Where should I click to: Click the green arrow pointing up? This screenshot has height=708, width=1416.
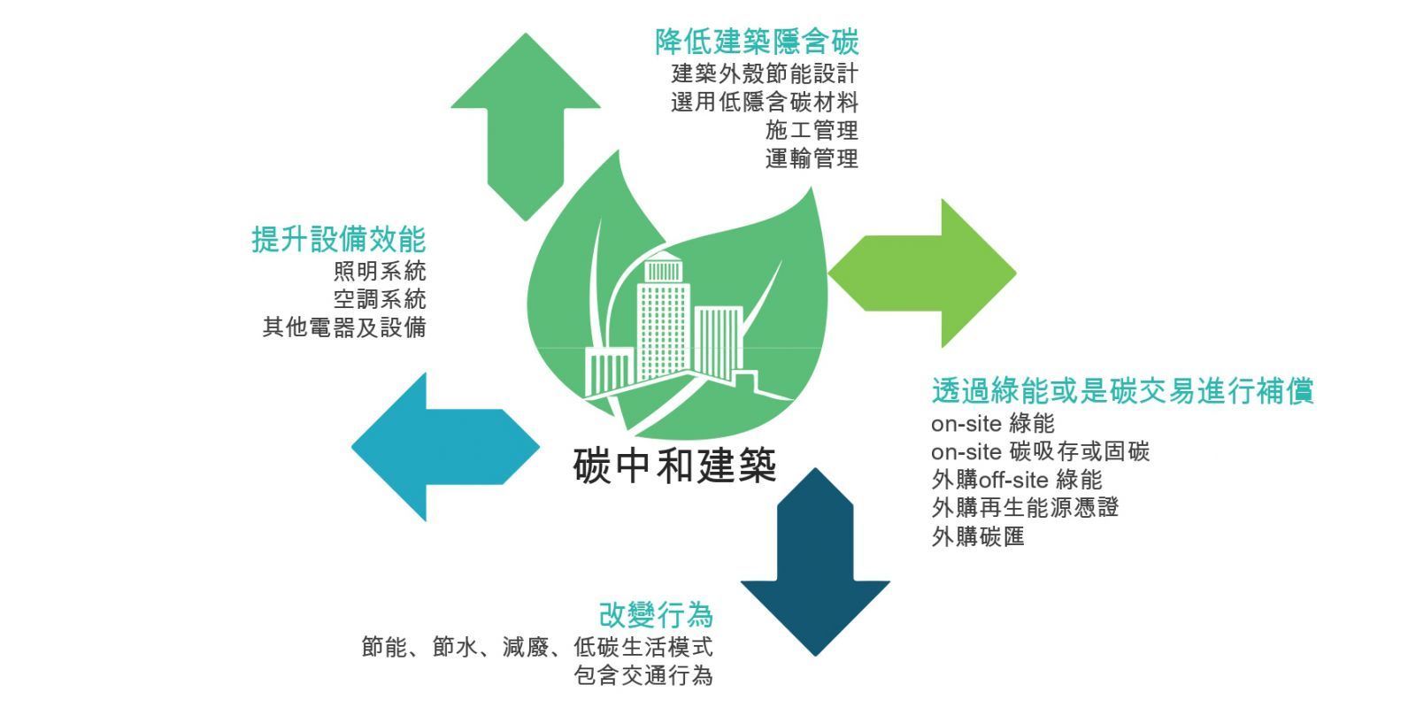pyautogui.click(x=526, y=124)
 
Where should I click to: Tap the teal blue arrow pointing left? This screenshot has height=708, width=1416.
pyautogui.click(x=442, y=447)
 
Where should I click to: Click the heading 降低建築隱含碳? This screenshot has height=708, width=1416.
pyautogui.click(x=757, y=42)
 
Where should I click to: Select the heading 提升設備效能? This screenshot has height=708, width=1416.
pyautogui.click(x=339, y=239)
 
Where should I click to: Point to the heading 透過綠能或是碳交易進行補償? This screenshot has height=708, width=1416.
pyautogui.click(x=1122, y=391)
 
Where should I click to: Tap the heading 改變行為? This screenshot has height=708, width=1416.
pyautogui.click(x=656, y=614)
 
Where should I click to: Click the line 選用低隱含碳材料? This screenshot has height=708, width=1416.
pyautogui.click(x=765, y=102)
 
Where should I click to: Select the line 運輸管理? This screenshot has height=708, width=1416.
pyautogui.click(x=812, y=159)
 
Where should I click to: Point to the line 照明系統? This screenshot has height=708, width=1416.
pyautogui.click(x=380, y=270)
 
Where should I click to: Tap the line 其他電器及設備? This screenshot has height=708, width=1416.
pyautogui.click(x=344, y=327)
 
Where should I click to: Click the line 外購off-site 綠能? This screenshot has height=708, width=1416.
pyautogui.click(x=1017, y=480)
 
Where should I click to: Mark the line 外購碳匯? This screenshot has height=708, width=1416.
pyautogui.click(x=978, y=536)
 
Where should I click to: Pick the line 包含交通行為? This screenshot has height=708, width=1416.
pyautogui.click(x=643, y=676)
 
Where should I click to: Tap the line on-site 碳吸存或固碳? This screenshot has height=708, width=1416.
pyautogui.click(x=1040, y=451)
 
